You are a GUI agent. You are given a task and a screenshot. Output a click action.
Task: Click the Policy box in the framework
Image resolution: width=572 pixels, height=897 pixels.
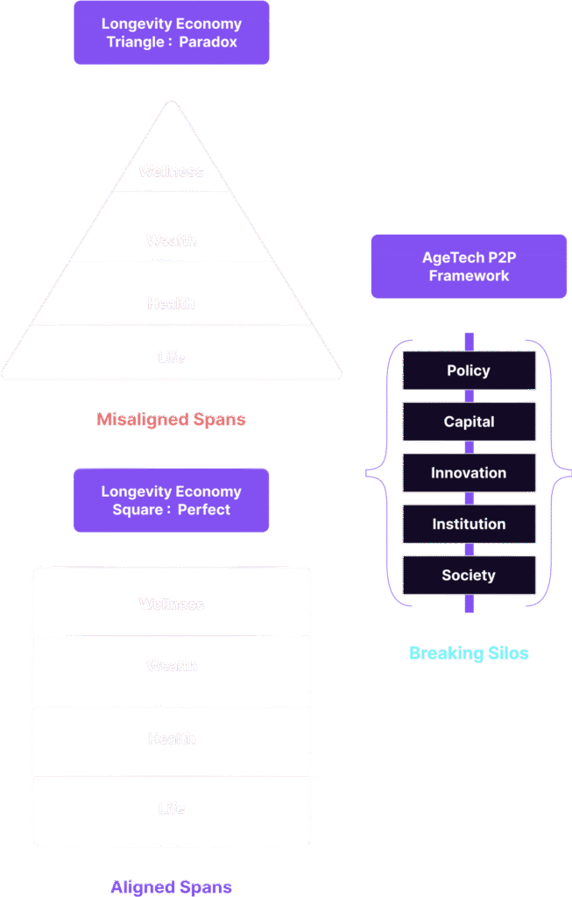pyautogui.click(x=469, y=371)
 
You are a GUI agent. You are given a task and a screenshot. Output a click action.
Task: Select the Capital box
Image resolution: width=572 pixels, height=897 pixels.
pyautogui.click(x=469, y=421)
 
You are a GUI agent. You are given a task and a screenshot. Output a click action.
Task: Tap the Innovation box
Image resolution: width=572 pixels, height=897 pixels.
pyautogui.click(x=469, y=473)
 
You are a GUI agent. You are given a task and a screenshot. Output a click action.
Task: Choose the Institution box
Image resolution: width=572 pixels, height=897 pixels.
pyautogui.click(x=469, y=524)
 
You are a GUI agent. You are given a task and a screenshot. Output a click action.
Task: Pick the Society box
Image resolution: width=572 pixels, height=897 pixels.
pyautogui.click(x=469, y=576)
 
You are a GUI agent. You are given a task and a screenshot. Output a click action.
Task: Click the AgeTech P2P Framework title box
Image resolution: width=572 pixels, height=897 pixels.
pyautogui.click(x=469, y=266)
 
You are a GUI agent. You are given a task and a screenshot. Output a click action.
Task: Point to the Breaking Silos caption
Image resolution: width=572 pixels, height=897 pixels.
pyautogui.click(x=469, y=653)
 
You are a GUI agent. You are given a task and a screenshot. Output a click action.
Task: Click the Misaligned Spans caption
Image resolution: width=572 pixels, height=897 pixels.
pyautogui.click(x=172, y=420)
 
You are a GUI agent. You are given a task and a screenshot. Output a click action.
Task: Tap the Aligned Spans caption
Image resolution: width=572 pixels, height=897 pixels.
pyautogui.click(x=172, y=887)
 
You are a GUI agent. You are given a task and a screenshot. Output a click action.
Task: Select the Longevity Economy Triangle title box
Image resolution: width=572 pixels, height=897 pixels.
pyautogui.click(x=172, y=33)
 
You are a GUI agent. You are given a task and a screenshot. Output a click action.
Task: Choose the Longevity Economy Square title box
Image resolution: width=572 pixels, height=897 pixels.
pyautogui.click(x=172, y=500)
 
